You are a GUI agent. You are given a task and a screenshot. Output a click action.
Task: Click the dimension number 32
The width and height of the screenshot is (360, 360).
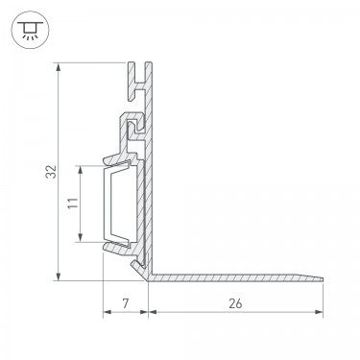(x=51, y=172)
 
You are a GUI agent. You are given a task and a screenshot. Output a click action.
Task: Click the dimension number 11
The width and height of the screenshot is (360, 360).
(x=73, y=204)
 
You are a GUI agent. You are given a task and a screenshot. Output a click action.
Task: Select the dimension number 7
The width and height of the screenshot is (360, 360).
(x=126, y=302)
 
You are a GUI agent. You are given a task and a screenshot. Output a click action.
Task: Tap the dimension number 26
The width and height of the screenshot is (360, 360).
(x=235, y=303)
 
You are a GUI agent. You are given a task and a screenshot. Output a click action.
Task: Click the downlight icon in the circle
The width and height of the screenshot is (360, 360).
(x=31, y=30)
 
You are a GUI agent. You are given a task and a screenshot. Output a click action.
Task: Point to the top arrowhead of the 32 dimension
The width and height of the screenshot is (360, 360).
(x=58, y=67)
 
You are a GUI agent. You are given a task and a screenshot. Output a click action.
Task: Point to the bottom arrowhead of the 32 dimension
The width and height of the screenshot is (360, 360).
(x=58, y=276)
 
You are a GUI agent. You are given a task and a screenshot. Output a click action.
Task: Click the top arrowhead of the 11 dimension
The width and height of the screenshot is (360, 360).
(x=81, y=170)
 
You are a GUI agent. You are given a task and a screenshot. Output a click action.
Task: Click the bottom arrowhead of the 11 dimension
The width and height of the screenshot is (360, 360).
(x=81, y=237)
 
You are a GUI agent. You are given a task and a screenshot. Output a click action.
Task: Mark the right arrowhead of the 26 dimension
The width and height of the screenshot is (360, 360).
(x=319, y=312)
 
